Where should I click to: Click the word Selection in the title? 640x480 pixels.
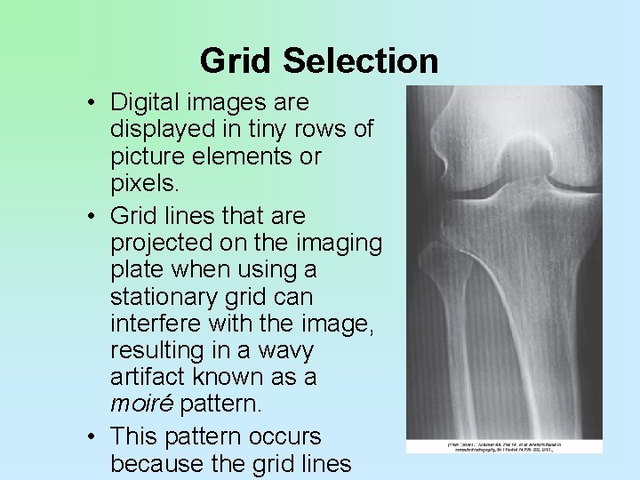(x=361, y=61)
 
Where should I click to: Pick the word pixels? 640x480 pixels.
(x=139, y=183)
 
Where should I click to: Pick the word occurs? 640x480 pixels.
(x=290, y=437)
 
